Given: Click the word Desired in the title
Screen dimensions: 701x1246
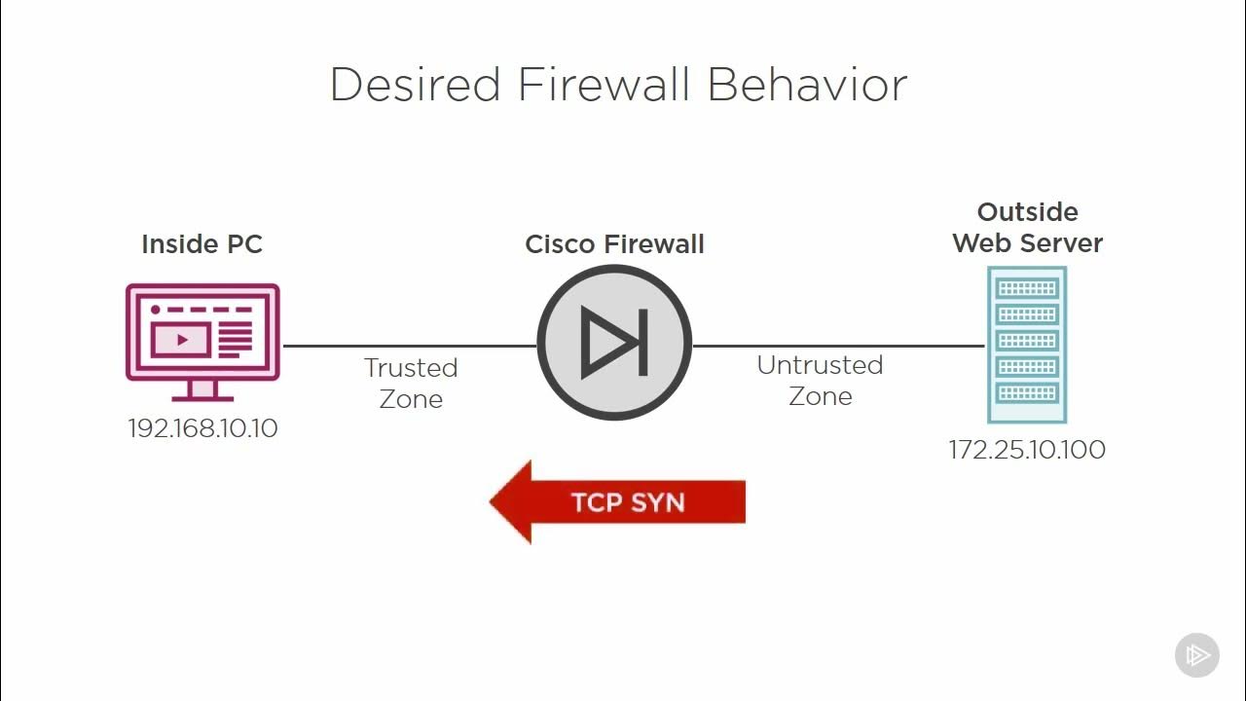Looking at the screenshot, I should pos(416,85).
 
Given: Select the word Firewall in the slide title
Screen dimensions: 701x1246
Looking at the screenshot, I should pos(605,85).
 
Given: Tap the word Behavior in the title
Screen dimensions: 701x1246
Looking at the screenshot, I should pos(807,85).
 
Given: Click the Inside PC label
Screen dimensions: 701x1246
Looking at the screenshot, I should pos(202,243).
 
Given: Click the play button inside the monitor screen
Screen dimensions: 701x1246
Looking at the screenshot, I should pos(182,340).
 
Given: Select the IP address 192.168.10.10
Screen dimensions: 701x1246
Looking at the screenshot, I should pos(202,428).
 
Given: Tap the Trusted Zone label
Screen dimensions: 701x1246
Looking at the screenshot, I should pos(411,383).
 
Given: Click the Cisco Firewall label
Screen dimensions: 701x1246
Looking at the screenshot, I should pos(614,243).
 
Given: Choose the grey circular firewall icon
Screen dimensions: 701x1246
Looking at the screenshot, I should pos(614,343).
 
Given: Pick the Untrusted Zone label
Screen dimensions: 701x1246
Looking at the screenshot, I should pos(820,380).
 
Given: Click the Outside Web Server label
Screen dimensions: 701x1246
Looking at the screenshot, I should pos(1027,227).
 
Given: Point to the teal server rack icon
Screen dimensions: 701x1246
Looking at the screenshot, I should pos(1027,344).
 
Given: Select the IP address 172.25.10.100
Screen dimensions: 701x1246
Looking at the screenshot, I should pos(1027,450).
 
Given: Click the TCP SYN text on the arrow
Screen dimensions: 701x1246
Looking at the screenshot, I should pos(628,502).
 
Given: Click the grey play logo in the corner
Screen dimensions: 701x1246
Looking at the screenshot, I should pos(1196,654).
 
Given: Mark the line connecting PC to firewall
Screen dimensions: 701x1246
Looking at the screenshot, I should pos(409,345).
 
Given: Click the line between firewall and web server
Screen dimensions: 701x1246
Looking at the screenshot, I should pos(837,345).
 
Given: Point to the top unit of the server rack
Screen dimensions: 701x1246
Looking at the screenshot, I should pos(1027,288).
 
